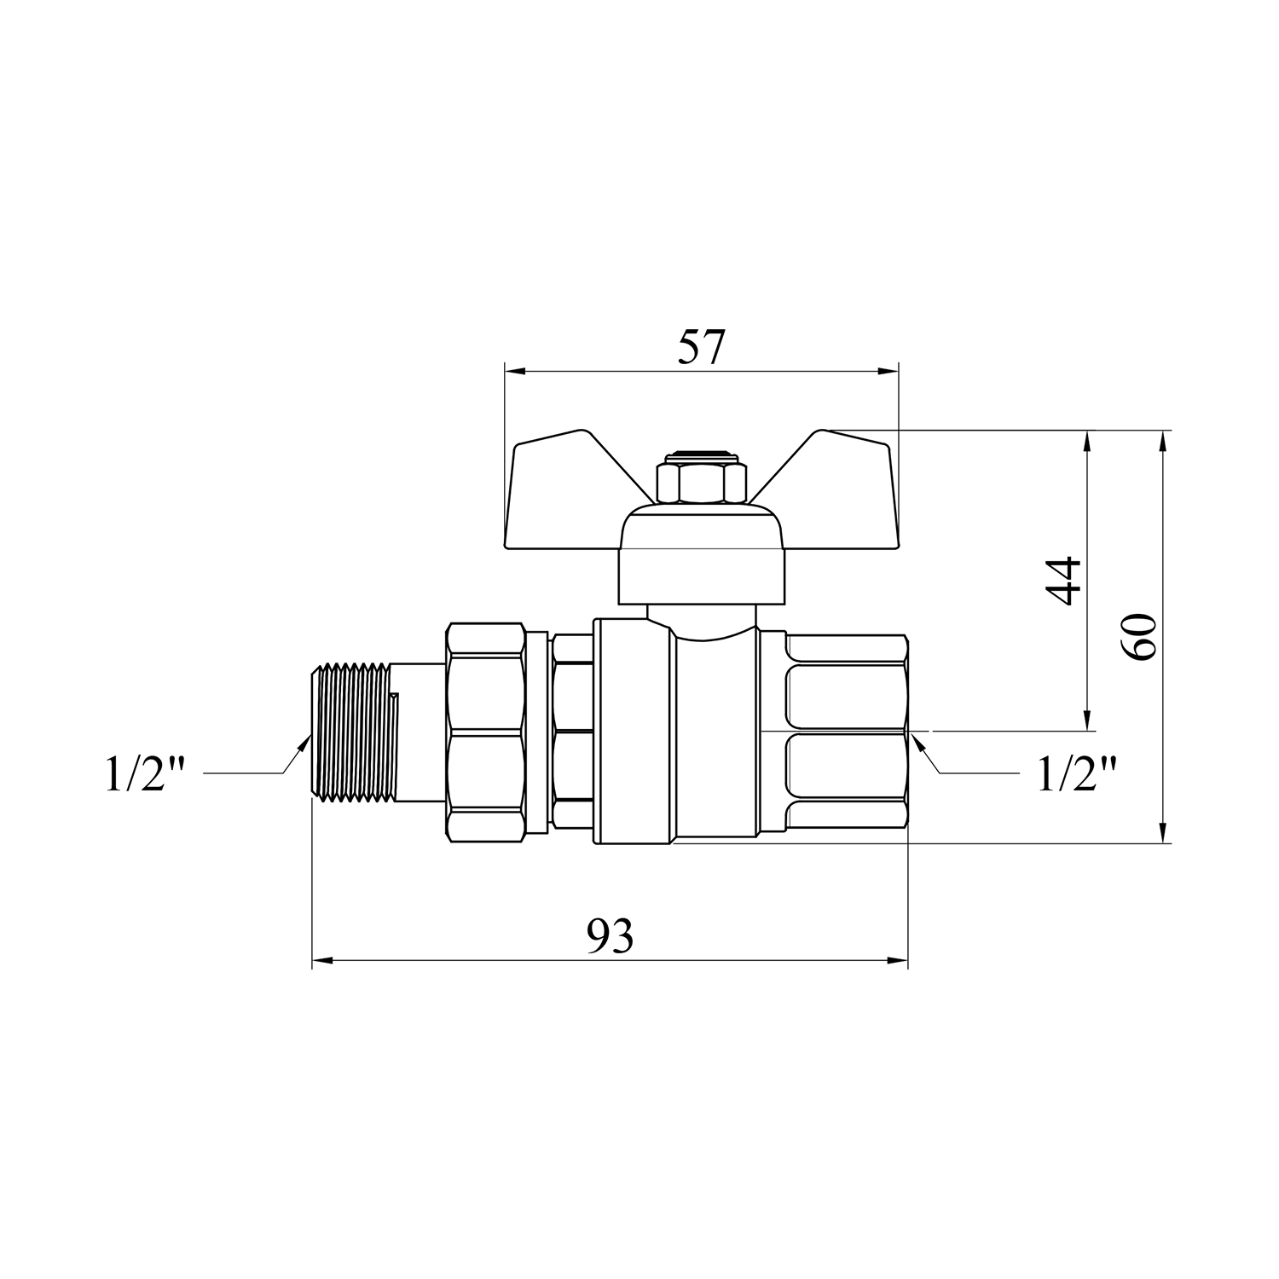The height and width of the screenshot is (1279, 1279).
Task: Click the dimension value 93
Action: click(611, 937)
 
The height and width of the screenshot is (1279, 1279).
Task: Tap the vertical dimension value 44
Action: click(1063, 581)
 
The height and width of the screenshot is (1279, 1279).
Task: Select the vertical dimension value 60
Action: click(1138, 636)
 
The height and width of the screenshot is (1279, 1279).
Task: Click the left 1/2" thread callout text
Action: click(145, 774)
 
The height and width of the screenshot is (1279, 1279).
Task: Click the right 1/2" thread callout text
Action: click(1077, 774)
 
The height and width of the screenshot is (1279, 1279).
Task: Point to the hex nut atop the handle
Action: click(701, 482)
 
